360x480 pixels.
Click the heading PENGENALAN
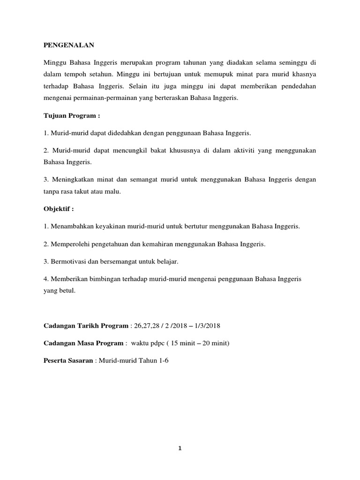[69, 45]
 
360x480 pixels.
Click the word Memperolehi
[70, 244]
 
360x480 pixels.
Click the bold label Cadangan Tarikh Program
[85, 325]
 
